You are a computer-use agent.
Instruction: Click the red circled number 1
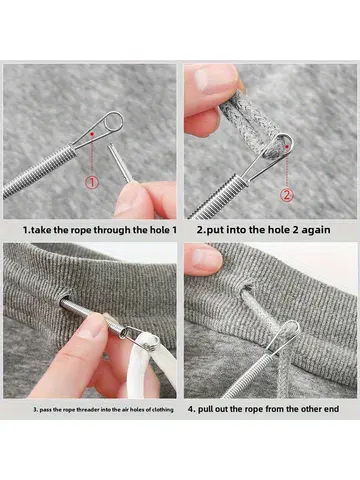click(90, 182)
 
